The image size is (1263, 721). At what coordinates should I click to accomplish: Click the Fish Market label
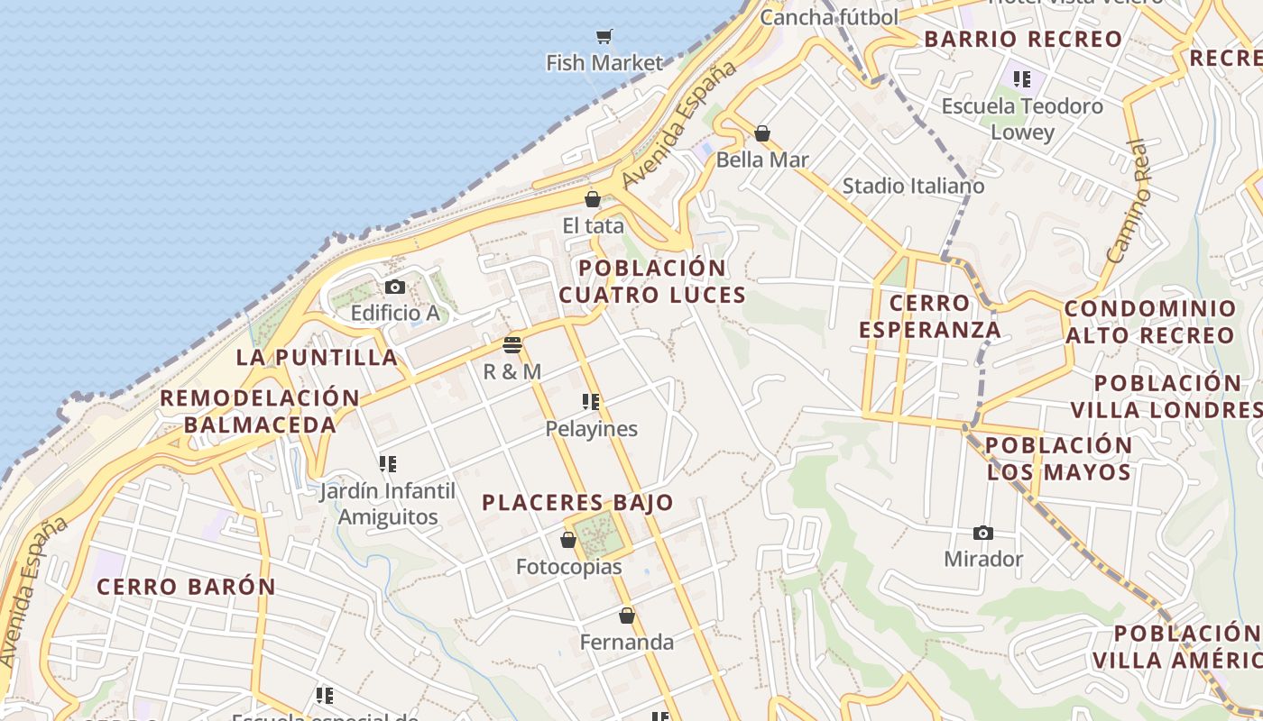pyautogui.click(x=604, y=63)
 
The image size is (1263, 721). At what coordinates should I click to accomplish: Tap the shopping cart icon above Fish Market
pyautogui.click(x=604, y=37)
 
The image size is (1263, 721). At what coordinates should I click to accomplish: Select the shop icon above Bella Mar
pyautogui.click(x=762, y=134)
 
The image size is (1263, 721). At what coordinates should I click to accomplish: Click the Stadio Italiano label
pyautogui.click(x=913, y=186)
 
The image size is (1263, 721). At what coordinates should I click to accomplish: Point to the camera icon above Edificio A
pyautogui.click(x=394, y=287)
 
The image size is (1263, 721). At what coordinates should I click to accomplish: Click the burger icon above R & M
pyautogui.click(x=512, y=344)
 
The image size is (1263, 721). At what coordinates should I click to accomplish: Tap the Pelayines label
pyautogui.click(x=591, y=429)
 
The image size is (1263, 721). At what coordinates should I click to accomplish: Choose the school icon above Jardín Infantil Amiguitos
pyautogui.click(x=387, y=464)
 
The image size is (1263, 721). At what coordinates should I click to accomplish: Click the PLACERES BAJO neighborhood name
pyautogui.click(x=577, y=503)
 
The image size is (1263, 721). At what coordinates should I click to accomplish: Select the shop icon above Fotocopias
pyautogui.click(x=568, y=541)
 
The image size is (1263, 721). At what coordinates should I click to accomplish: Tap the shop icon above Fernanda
pyautogui.click(x=627, y=616)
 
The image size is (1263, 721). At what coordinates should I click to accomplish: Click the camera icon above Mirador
pyautogui.click(x=983, y=534)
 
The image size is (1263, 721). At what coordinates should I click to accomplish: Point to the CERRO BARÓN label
pyautogui.click(x=186, y=587)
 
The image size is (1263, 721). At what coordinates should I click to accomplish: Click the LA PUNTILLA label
pyautogui.click(x=317, y=357)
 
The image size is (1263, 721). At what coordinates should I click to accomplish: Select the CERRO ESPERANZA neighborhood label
pyautogui.click(x=929, y=315)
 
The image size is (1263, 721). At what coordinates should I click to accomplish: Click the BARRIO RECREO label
pyautogui.click(x=1023, y=40)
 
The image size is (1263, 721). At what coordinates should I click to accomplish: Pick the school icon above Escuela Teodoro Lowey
pyautogui.click(x=1021, y=79)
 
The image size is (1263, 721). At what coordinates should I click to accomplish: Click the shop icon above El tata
pyautogui.click(x=593, y=200)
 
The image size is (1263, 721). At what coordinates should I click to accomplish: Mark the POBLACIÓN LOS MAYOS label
pyautogui.click(x=1058, y=459)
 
